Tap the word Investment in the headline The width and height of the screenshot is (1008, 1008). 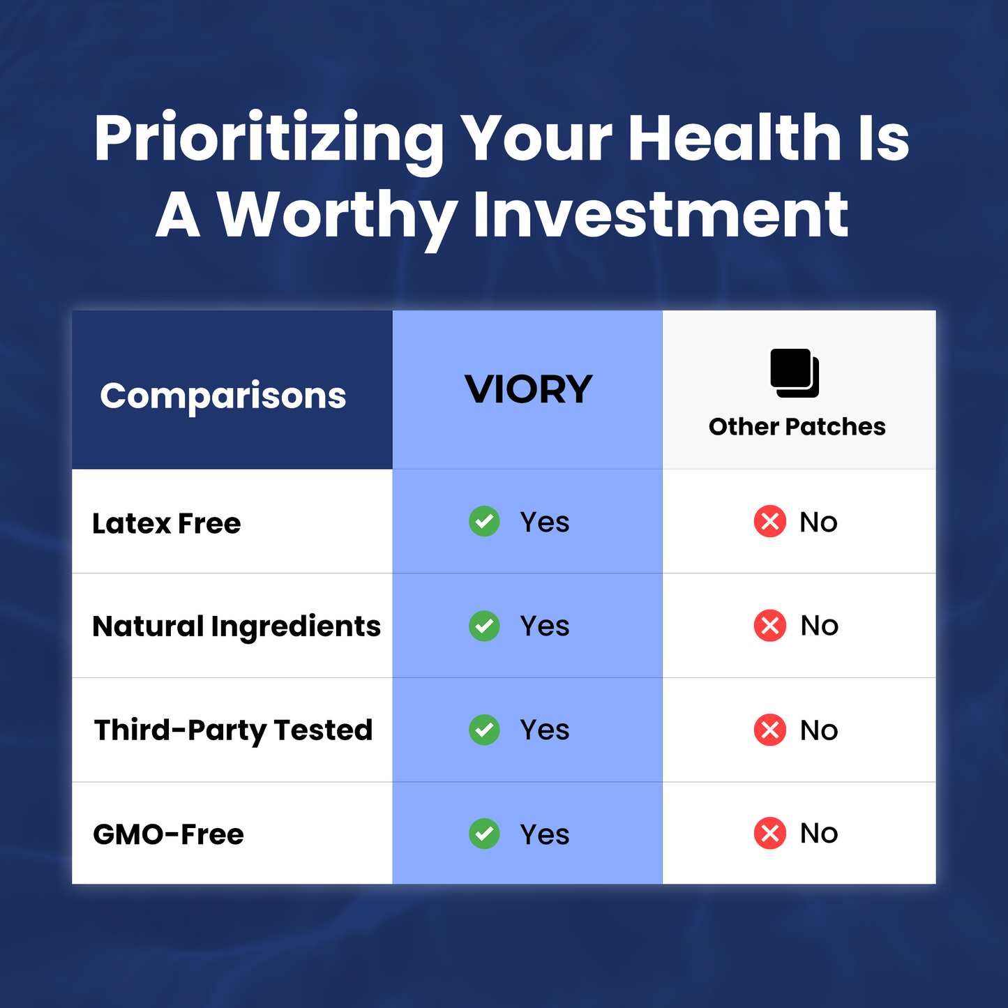661,215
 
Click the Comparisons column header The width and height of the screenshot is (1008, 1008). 223,396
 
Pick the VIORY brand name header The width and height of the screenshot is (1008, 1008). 528,390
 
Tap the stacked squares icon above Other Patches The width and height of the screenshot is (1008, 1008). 794,373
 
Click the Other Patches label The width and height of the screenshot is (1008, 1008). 797,427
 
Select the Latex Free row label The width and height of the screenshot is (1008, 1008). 166,523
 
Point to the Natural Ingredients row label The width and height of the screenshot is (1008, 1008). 236,626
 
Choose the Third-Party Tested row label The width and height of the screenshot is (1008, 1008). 233,731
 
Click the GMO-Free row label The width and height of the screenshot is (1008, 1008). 168,834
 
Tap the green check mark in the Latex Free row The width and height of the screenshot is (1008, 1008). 484,522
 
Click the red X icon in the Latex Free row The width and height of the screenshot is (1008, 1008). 770,522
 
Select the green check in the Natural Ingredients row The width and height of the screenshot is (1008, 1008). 484,626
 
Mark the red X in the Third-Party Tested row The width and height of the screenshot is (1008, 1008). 770,730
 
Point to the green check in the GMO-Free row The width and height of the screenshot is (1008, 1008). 484,834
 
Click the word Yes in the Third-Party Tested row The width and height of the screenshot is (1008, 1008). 545,730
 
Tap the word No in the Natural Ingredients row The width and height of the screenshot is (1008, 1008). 819,626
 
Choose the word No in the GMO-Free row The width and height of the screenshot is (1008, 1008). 819,834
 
